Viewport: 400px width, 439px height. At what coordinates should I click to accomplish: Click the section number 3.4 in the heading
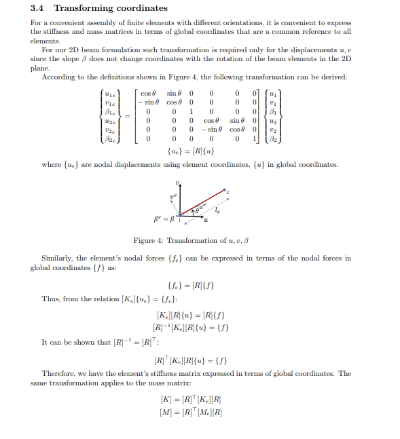tap(38, 8)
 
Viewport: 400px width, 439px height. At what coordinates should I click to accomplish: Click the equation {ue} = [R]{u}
tap(190, 151)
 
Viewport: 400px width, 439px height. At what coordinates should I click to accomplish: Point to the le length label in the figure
tap(217, 211)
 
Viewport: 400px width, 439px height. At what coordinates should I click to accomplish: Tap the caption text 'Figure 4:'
tap(147, 241)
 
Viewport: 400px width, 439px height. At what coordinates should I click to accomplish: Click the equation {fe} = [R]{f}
tap(190, 285)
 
